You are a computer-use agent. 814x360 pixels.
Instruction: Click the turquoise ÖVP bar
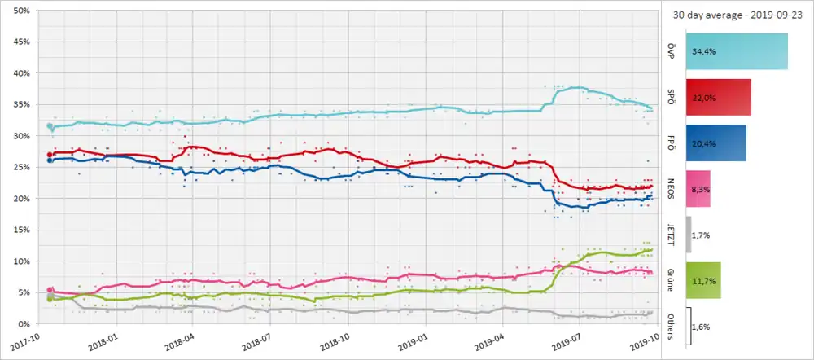[x=737, y=51]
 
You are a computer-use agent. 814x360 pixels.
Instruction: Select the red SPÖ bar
[x=719, y=97]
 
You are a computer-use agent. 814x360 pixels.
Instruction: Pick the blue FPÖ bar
[x=716, y=143]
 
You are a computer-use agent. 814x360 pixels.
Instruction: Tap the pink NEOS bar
[x=698, y=188]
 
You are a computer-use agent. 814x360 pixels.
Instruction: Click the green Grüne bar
[x=704, y=280]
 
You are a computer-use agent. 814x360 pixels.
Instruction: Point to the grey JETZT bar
[x=689, y=235]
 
